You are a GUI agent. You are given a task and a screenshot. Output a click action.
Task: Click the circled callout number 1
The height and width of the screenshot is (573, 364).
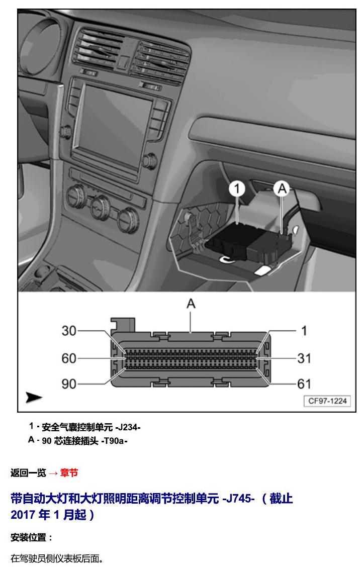click(237, 188)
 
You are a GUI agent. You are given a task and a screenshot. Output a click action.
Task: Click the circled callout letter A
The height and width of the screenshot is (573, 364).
click(282, 188)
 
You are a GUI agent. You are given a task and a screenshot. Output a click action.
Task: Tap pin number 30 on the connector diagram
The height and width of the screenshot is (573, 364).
click(69, 331)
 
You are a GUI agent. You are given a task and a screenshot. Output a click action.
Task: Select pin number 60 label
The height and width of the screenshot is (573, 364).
click(69, 358)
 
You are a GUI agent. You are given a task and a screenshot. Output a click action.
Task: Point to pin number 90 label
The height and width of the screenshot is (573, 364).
click(69, 384)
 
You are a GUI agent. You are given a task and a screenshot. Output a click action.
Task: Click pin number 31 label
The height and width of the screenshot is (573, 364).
click(304, 358)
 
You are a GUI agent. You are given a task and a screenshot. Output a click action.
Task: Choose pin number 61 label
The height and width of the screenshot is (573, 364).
click(304, 384)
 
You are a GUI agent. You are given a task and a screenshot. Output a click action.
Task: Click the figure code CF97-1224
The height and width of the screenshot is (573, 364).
click(327, 401)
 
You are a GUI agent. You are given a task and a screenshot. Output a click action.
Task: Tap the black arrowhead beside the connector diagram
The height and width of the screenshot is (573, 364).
click(34, 397)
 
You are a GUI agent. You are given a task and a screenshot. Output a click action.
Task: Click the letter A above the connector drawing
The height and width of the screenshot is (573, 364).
click(191, 304)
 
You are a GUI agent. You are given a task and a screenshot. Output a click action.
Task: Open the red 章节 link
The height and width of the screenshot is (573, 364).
click(69, 473)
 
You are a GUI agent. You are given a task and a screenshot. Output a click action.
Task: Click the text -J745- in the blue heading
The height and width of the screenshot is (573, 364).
click(238, 499)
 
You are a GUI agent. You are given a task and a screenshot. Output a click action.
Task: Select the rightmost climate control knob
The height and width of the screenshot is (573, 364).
click(128, 219)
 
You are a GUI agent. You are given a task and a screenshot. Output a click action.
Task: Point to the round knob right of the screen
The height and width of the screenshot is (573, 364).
click(149, 161)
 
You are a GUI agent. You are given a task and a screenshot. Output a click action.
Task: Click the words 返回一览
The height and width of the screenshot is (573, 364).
click(28, 473)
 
